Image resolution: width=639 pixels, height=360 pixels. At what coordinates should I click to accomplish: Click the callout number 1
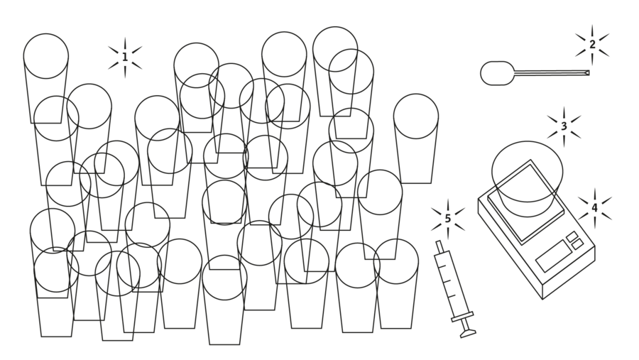pyautogui.click(x=125, y=57)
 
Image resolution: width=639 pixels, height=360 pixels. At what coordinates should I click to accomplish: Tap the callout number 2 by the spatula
pyautogui.click(x=592, y=44)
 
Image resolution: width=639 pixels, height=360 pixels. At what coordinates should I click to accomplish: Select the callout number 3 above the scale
pyautogui.click(x=564, y=126)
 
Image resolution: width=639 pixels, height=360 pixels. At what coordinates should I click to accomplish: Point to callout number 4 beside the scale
pyautogui.click(x=594, y=208)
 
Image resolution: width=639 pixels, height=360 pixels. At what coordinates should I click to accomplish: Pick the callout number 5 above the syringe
pyautogui.click(x=448, y=219)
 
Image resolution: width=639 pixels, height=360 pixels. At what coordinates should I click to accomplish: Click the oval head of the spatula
pyautogui.click(x=497, y=73)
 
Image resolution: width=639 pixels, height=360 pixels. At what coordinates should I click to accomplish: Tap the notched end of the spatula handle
pyautogui.click(x=587, y=73)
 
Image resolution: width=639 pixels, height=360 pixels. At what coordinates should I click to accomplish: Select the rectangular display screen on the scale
pyautogui.click(x=553, y=256)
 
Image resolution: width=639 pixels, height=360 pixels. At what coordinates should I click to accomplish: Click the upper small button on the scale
pyautogui.click(x=572, y=236)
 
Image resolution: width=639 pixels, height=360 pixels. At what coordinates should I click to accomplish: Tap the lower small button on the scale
pyautogui.click(x=577, y=245)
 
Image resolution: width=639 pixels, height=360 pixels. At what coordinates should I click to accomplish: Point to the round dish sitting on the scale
pyautogui.click(x=528, y=178)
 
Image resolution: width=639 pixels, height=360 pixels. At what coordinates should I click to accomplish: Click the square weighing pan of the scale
pyautogui.click(x=525, y=202)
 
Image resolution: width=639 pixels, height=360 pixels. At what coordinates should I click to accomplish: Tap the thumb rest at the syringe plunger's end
pyautogui.click(x=469, y=334)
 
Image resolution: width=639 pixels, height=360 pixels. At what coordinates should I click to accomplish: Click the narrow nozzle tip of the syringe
pyautogui.click(x=439, y=246)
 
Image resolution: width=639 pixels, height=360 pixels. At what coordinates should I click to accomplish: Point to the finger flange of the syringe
pyautogui.click(x=462, y=317)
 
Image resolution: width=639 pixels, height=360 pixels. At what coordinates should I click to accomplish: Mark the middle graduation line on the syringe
pyautogui.click(x=447, y=281)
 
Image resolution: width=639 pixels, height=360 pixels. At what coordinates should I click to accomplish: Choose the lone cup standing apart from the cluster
pyautogui.click(x=416, y=138)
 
